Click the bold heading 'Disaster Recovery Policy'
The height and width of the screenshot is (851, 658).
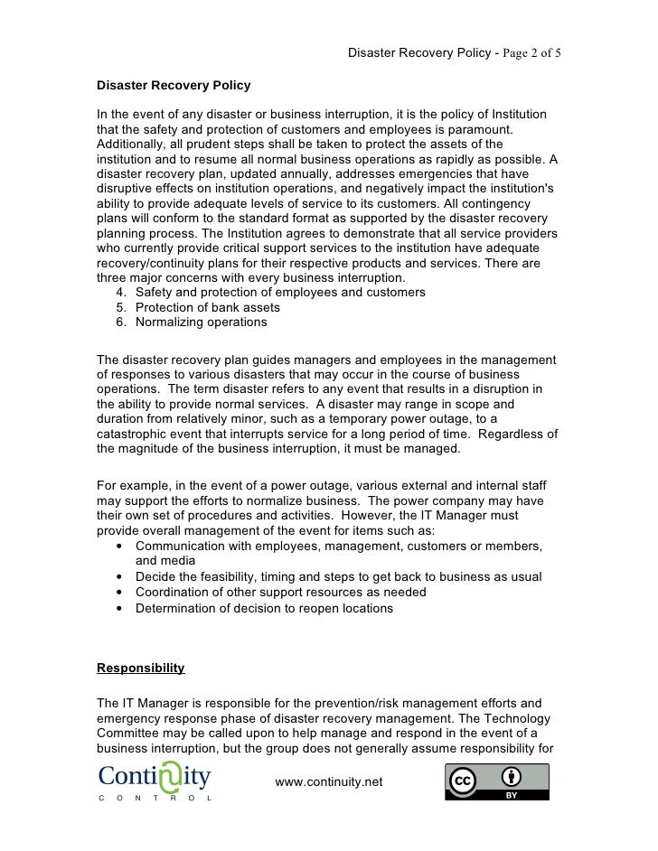pos(174,86)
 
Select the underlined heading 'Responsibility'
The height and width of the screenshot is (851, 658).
pos(140,669)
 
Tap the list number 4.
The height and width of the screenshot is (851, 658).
pos(122,293)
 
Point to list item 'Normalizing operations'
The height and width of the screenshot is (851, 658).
pos(201,322)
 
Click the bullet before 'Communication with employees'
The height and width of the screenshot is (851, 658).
pos(120,547)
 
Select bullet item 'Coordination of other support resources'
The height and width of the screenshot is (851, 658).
pos(280,592)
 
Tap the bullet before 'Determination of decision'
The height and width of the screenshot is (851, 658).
pos(120,608)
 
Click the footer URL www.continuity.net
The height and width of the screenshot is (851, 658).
pos(329,781)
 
